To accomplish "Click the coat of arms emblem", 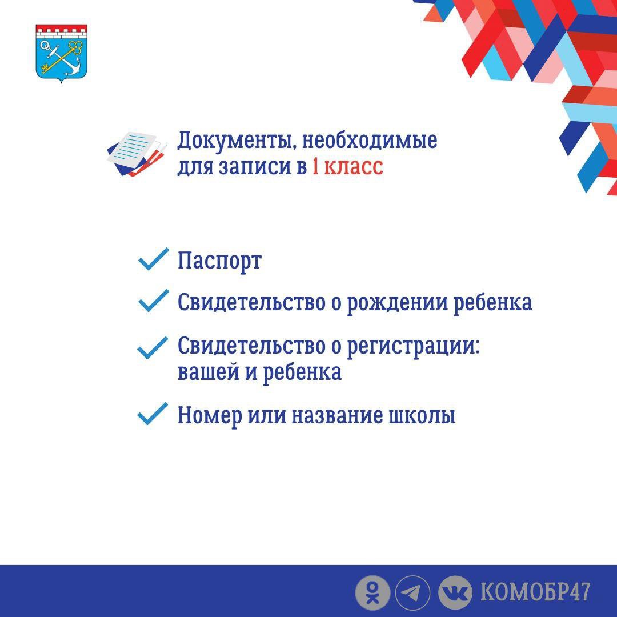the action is (61, 54).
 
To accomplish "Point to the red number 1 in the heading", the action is (315, 166).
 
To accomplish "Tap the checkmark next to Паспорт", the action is (153, 259).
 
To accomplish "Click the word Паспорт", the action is (219, 261).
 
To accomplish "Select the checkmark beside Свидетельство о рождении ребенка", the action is (153, 301).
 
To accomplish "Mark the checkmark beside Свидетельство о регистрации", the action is (153, 348).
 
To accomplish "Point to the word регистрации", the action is (414, 347).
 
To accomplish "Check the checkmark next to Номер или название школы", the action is (153, 414).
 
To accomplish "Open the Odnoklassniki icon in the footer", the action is (372, 593).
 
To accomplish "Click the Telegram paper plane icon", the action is (412, 593).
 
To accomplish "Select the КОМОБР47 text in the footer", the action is (535, 592).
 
